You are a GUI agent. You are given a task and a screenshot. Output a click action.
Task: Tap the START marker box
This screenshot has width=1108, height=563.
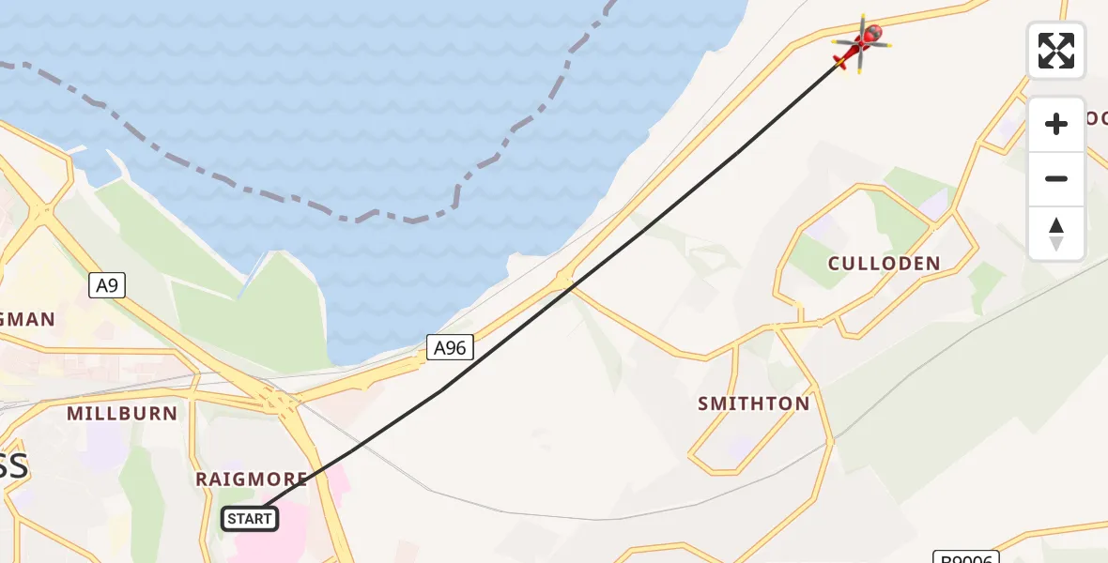coord(250,518)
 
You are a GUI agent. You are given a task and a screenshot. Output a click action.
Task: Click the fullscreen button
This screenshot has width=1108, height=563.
coord(1056,51)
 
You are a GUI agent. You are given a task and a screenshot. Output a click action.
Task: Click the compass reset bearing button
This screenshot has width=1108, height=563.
coord(1056,234)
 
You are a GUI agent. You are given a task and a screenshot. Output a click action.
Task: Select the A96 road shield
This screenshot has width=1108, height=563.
coord(449,348)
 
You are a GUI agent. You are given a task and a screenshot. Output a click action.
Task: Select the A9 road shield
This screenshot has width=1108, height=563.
coord(108,285)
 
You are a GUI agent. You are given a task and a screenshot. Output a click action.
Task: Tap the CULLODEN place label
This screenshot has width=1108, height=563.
coord(884,264)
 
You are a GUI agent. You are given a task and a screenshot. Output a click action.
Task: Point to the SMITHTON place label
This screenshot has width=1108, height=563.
coord(753,404)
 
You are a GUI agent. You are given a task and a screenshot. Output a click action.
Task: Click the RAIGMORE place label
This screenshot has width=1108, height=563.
coord(252,479)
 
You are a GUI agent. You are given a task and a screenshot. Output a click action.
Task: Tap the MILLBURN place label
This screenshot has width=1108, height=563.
coord(122,413)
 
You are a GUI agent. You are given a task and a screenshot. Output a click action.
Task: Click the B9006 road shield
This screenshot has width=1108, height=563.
coord(967,557)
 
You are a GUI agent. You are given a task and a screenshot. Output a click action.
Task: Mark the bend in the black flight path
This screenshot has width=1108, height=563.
coord(441,390)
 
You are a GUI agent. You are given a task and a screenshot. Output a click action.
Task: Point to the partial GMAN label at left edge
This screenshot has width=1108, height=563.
coord(28,319)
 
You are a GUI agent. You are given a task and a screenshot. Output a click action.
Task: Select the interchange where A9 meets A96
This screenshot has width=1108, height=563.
coord(277,402)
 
